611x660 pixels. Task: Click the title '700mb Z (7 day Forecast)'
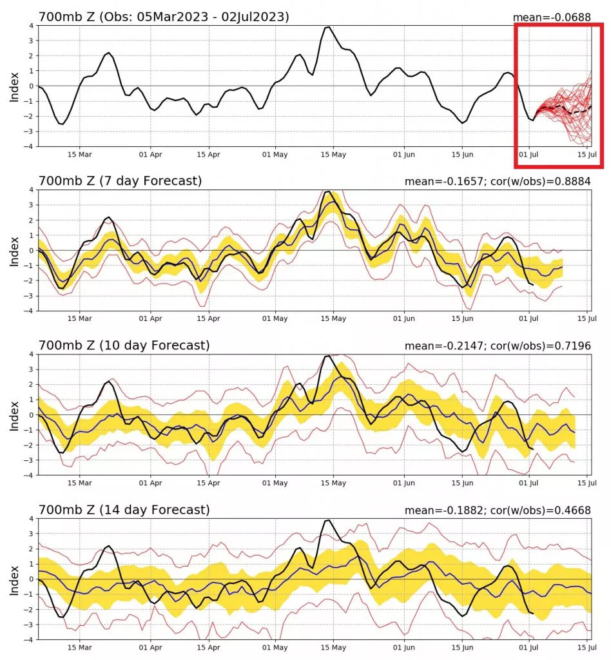click(x=120, y=181)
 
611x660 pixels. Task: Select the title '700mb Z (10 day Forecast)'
click(x=124, y=345)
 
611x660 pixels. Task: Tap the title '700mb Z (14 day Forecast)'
click(x=124, y=510)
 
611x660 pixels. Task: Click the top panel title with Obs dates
click(x=164, y=17)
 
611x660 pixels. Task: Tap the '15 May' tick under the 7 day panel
click(x=334, y=318)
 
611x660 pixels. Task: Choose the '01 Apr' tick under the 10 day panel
click(x=150, y=483)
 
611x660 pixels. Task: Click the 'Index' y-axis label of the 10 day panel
click(x=14, y=414)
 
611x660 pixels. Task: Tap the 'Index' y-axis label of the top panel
click(x=14, y=86)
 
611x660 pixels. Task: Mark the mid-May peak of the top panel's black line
click(x=328, y=27)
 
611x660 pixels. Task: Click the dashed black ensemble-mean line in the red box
click(x=567, y=112)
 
